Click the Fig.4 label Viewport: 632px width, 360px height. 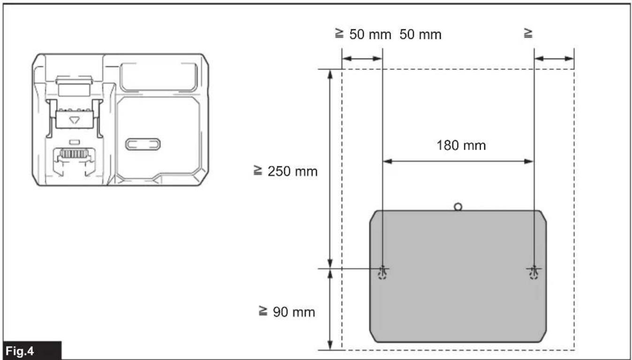click(x=20, y=351)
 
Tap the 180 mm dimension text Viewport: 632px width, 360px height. click(x=461, y=146)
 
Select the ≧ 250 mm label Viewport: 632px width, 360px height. click(x=286, y=171)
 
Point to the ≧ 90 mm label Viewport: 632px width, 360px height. click(x=287, y=312)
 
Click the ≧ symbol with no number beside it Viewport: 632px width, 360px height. click(x=528, y=33)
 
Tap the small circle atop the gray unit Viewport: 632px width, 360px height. click(x=458, y=207)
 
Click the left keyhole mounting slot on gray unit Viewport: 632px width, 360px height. click(x=382, y=272)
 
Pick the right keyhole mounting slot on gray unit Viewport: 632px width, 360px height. click(x=534, y=272)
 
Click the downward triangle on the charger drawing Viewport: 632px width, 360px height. click(x=75, y=120)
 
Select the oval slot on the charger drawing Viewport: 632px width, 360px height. click(x=143, y=144)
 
